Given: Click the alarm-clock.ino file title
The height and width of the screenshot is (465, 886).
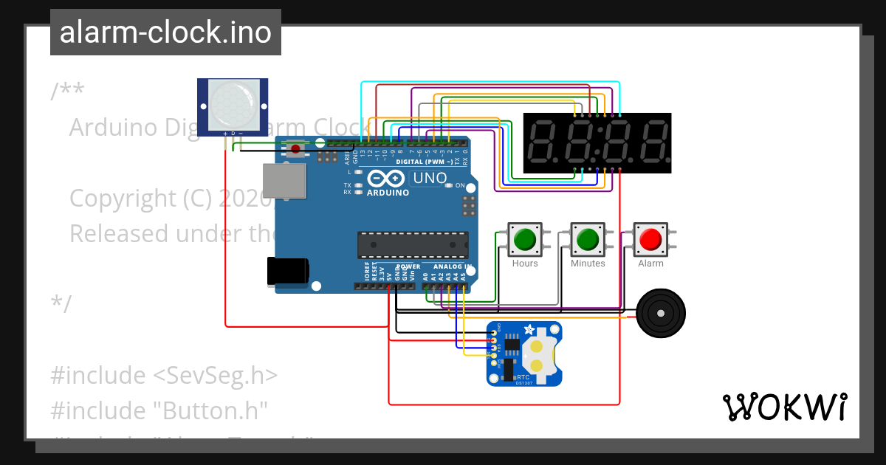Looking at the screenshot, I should click(x=165, y=33).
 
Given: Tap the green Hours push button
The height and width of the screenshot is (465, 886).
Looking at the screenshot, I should click(x=524, y=239).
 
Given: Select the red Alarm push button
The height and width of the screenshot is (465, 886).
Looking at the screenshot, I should click(x=650, y=239).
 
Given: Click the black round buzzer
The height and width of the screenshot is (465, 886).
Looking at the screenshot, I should click(x=661, y=314).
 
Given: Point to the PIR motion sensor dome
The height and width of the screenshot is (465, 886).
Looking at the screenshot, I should click(x=232, y=103).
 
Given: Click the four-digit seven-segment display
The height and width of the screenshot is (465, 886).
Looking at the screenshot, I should click(x=597, y=143).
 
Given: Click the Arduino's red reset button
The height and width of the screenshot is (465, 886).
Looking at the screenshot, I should click(x=296, y=149).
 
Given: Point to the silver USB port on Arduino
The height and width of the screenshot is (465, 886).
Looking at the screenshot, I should click(x=284, y=181).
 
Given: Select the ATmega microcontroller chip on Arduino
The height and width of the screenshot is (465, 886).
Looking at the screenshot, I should click(x=413, y=245).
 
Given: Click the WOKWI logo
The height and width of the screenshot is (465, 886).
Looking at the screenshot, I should click(x=784, y=407).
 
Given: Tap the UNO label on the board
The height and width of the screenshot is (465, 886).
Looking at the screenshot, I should click(x=430, y=178).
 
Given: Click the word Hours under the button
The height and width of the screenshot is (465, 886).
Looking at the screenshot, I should click(x=525, y=263).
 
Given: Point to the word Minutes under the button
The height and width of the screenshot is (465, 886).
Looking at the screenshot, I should click(x=588, y=263).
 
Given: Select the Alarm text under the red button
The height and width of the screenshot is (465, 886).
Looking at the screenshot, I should click(x=650, y=263).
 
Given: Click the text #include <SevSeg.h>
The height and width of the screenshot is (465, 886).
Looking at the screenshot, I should click(x=164, y=375).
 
